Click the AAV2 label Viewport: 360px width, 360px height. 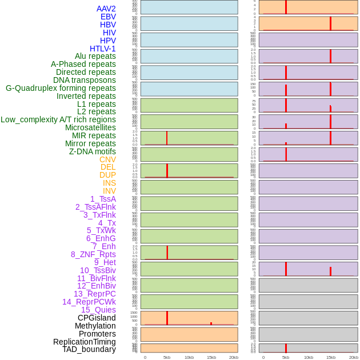click(x=106, y=9)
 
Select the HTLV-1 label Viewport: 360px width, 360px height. click(x=103, y=49)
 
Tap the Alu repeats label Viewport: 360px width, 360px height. click(x=95, y=57)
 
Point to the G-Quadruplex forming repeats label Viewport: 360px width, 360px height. click(x=61, y=89)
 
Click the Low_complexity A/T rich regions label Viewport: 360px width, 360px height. click(x=58, y=119)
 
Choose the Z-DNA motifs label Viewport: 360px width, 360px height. click(x=93, y=151)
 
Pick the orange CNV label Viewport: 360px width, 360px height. click(x=107, y=159)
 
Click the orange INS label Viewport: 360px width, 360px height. click(x=109, y=183)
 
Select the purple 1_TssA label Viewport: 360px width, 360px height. click(x=103, y=199)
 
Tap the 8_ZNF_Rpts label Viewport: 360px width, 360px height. click(x=93, y=254)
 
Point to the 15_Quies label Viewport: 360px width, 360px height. click(x=98, y=310)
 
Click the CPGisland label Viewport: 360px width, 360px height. click(x=97, y=318)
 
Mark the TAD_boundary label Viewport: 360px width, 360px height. click(x=89, y=349)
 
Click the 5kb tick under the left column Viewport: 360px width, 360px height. click(x=167, y=357)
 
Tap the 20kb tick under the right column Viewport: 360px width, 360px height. click(x=353, y=357)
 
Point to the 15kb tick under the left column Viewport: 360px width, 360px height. click(x=211, y=357)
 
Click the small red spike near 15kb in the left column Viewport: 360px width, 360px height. click(x=211, y=323)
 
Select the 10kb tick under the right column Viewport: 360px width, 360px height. click(x=308, y=357)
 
